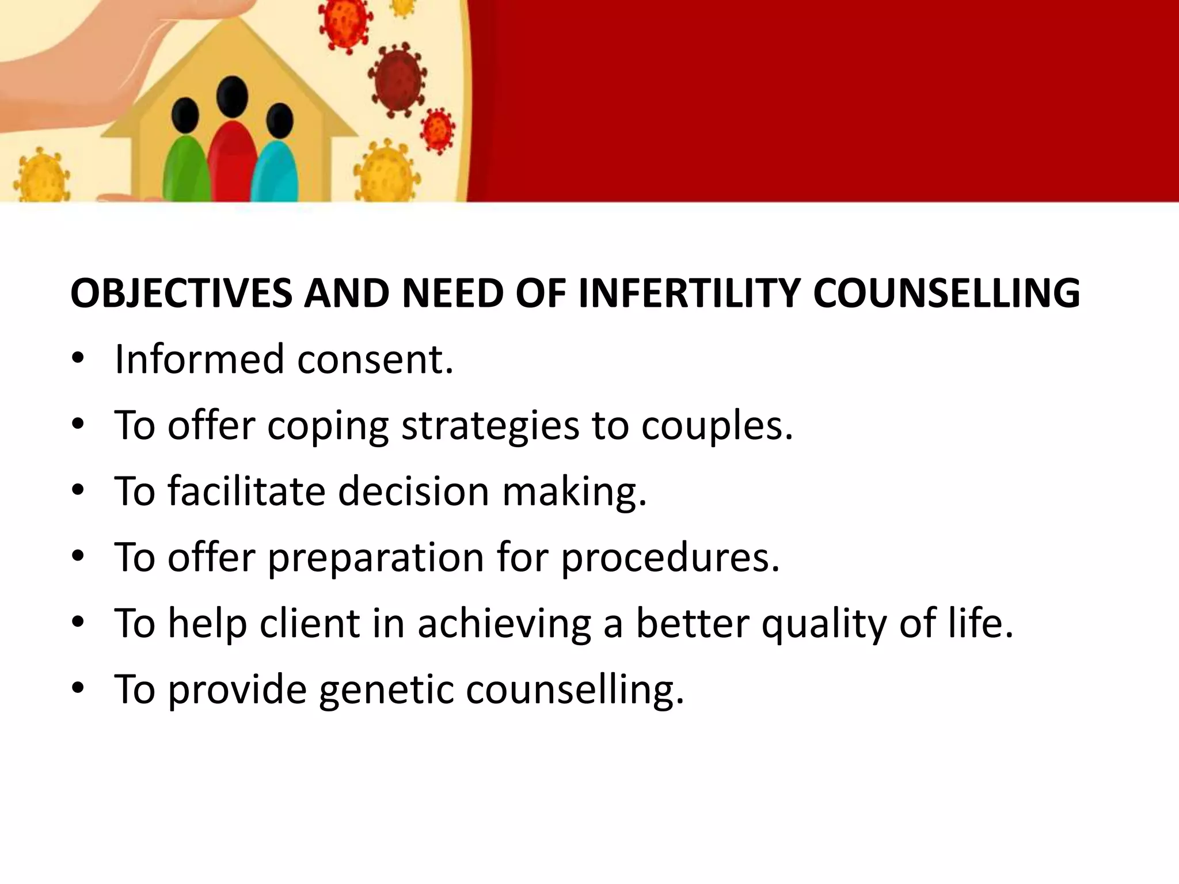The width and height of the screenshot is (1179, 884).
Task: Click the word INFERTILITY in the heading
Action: pyautogui.click(x=689, y=294)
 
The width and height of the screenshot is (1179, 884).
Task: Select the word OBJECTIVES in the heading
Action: pyautogui.click(x=181, y=294)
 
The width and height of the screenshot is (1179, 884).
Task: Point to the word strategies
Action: pyautogui.click(x=490, y=426)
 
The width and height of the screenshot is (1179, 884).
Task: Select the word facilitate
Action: pyautogui.click(x=246, y=491)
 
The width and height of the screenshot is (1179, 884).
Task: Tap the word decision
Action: pyautogui.click(x=413, y=491)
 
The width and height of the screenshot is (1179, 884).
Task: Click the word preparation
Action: pyautogui.click(x=375, y=558)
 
